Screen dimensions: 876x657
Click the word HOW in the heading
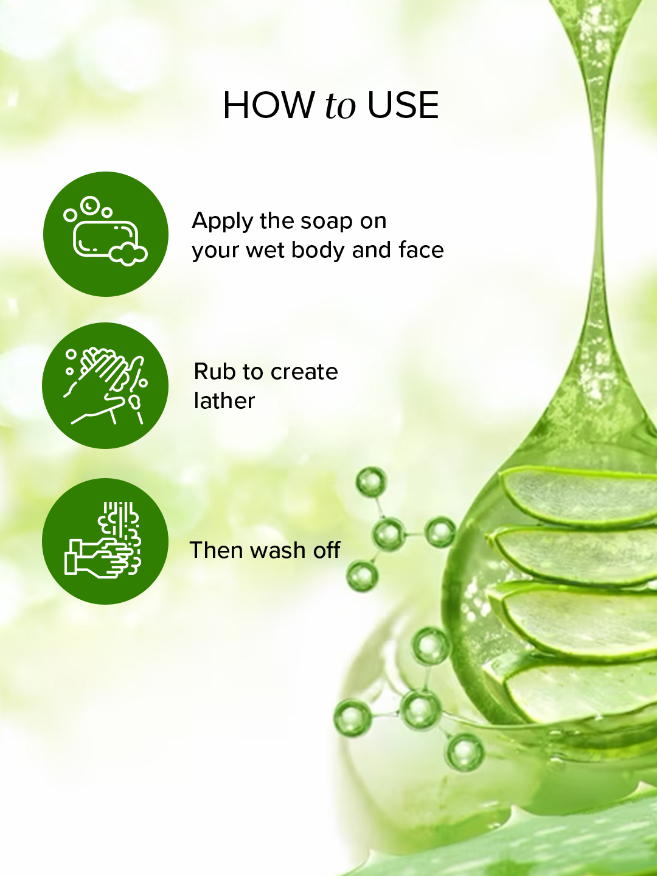(x=269, y=105)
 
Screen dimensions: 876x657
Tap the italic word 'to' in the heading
(x=340, y=106)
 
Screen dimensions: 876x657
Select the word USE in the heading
(x=403, y=105)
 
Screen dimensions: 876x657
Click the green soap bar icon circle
(x=106, y=234)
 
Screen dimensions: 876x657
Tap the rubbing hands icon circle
(x=105, y=386)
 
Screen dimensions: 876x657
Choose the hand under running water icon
(x=105, y=541)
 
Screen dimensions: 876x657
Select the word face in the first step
(x=421, y=250)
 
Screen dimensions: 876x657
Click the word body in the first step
(x=318, y=250)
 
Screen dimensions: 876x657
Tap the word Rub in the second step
(x=215, y=372)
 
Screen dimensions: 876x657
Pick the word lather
(x=224, y=401)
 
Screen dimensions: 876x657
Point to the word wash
(x=278, y=550)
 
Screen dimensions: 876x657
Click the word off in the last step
(x=327, y=550)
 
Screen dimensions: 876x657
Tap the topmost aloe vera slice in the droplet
(x=578, y=496)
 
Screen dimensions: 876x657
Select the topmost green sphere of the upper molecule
(x=371, y=482)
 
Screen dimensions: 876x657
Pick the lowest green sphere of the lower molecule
(x=465, y=752)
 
